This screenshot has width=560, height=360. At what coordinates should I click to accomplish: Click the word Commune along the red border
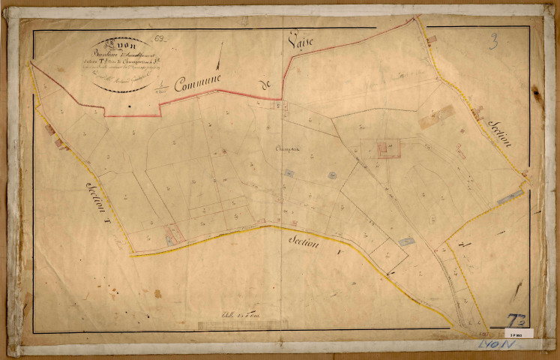pos(201,82)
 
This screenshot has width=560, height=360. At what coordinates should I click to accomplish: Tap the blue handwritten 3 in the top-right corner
pos(493,40)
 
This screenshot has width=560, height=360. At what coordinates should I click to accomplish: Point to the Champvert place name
pos(289,148)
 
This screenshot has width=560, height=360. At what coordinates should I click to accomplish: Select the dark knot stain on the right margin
pos(537,92)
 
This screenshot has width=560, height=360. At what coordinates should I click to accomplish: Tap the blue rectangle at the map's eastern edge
pos(511,196)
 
